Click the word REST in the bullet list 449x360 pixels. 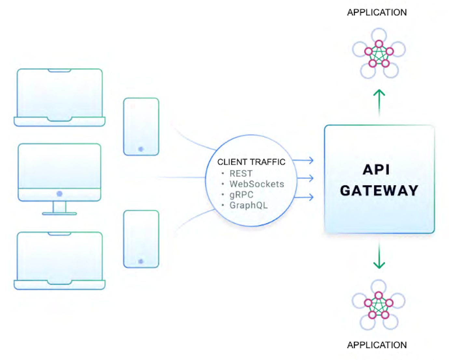241,174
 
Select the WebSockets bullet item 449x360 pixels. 257,184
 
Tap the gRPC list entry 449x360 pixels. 241,195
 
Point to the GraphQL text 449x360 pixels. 249,206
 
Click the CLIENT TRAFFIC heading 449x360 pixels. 251,162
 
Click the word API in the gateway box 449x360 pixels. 376,170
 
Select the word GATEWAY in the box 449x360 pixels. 379,191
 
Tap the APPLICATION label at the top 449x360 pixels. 377,12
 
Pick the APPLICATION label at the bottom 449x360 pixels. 377,345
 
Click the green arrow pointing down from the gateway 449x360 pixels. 379,257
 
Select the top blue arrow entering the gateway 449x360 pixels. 303,160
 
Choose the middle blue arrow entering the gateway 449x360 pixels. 305,178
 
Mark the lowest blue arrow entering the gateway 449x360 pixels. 304,197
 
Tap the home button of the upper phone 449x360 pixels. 141,149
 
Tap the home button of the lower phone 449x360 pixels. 141,261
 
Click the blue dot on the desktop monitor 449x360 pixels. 60,194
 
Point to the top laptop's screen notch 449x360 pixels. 60,71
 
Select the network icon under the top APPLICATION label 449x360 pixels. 379,54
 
